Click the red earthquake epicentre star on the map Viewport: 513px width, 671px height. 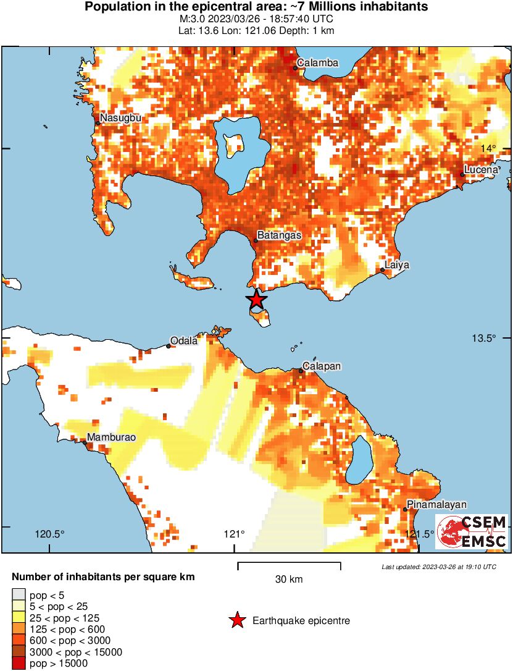point(257,300)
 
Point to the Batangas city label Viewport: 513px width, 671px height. point(279,235)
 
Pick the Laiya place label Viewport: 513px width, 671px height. point(397,265)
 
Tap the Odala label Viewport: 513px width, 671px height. point(184,341)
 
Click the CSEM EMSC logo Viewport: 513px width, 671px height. point(472,531)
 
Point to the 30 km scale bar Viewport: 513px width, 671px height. point(289,565)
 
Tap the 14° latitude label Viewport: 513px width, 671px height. point(488,148)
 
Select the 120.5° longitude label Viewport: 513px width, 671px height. point(49,534)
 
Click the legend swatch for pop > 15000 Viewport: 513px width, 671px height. point(18,664)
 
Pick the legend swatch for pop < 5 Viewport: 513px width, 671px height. point(18,594)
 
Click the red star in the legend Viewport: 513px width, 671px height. point(237,620)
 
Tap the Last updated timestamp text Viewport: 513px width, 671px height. point(438,567)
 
